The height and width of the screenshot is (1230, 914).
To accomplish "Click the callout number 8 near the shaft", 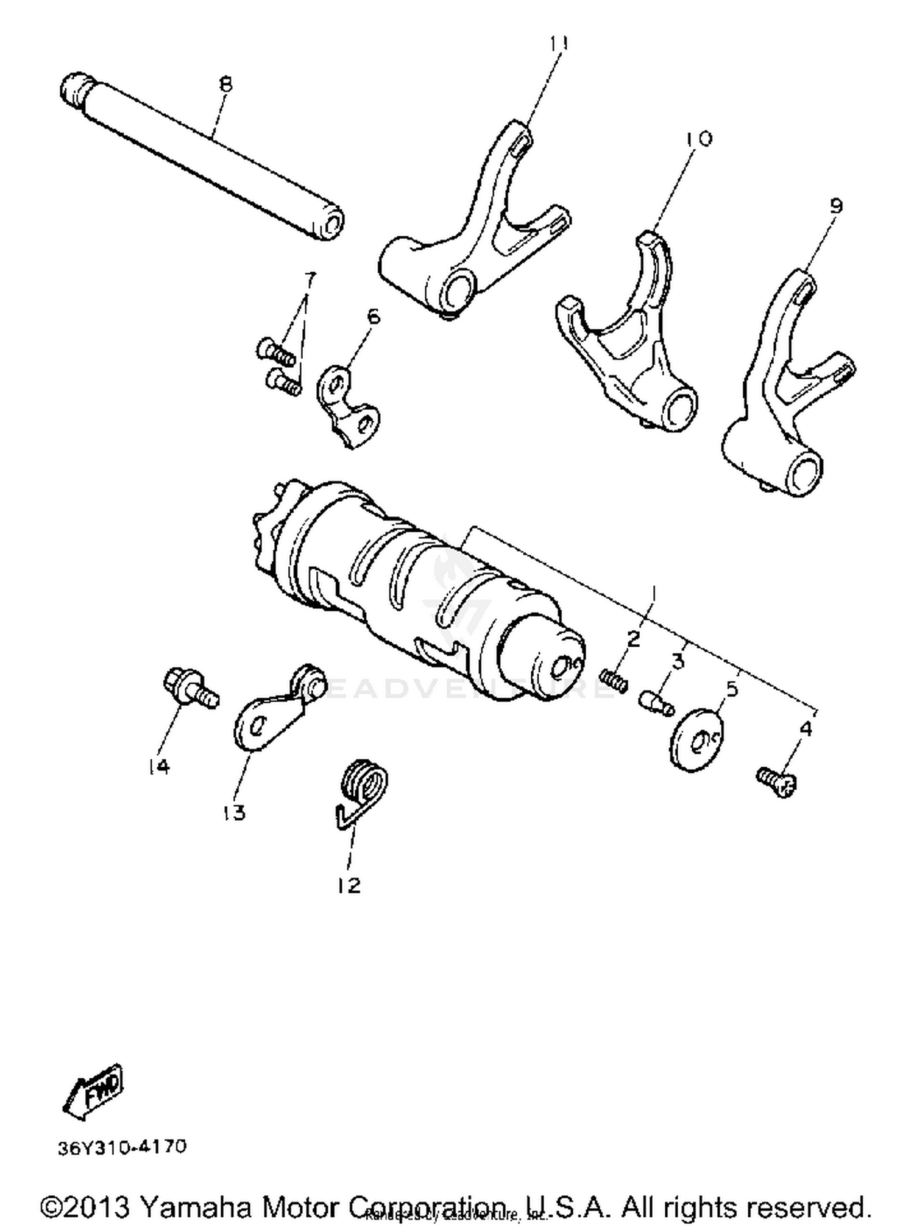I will tap(226, 84).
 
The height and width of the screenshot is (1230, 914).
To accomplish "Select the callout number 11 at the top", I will tap(559, 44).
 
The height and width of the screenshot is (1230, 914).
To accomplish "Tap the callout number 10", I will tap(699, 139).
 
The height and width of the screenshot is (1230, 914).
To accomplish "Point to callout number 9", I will tap(836, 206).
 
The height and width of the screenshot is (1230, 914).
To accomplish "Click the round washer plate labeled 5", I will tap(697, 739).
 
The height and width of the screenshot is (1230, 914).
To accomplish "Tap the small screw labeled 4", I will tap(778, 782).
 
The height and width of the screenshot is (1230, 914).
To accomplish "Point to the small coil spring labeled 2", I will tap(614, 680).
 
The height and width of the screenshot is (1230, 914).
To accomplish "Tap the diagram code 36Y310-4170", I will tap(122, 1147).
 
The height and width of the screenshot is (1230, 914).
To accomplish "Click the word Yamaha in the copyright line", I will tap(195, 1207).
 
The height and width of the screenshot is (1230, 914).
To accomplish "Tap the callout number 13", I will tap(235, 812).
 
